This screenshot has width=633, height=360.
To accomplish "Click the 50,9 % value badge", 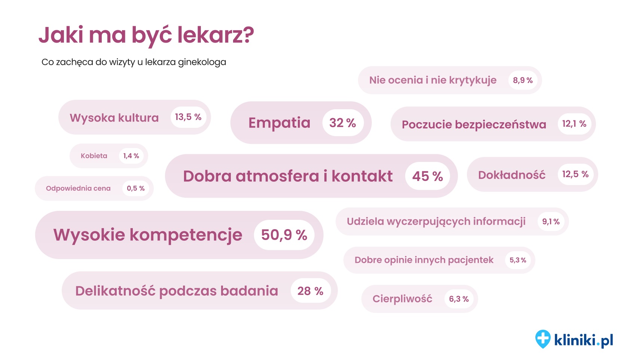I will (284, 235).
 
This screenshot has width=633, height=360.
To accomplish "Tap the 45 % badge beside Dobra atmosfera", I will (427, 176).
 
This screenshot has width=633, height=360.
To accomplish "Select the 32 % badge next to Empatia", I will (343, 123).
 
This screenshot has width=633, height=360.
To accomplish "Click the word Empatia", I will (279, 123).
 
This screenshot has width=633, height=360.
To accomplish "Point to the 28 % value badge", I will (310, 291).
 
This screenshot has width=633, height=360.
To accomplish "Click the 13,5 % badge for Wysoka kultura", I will (188, 117).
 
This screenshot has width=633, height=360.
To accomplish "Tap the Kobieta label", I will (94, 156).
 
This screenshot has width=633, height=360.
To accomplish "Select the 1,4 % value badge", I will (131, 156).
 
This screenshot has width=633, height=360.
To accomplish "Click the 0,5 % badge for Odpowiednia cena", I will (135, 188).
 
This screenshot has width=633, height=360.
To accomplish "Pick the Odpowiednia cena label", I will (78, 188).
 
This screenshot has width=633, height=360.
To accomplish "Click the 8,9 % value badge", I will (523, 80).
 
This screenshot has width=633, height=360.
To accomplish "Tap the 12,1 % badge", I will (574, 124).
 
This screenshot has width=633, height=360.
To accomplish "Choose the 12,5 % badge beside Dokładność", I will (575, 174).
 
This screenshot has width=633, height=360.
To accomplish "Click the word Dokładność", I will (511, 175).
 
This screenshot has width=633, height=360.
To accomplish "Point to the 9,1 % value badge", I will (551, 222).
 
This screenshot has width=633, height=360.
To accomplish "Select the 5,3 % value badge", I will (518, 260).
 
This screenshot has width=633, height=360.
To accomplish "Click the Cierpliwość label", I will (402, 299).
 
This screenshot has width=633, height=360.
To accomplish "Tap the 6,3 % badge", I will (459, 299).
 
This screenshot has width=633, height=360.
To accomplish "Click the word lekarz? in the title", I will (215, 35).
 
